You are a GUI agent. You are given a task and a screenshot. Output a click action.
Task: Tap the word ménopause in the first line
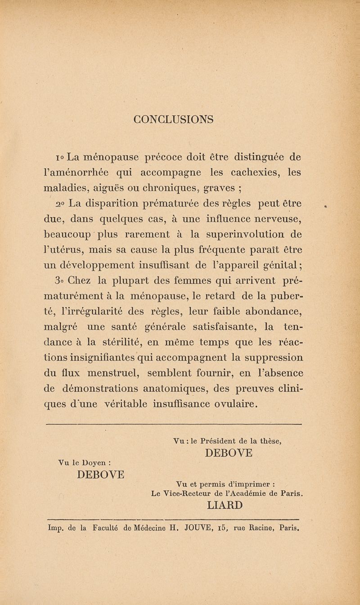[x=117, y=157]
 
